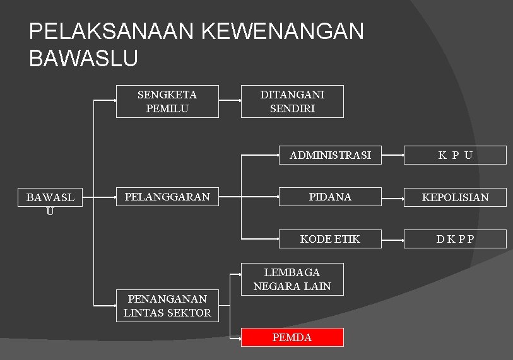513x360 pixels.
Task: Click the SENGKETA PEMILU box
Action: pyautogui.click(x=167, y=102)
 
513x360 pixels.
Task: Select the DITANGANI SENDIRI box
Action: pyautogui.click(x=292, y=102)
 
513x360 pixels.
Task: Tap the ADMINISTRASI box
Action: pyautogui.click(x=331, y=154)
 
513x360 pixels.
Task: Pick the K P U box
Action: pyautogui.click(x=455, y=155)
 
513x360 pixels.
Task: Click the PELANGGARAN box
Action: pyautogui.click(x=167, y=197)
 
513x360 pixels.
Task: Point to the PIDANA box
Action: pyautogui.click(x=331, y=197)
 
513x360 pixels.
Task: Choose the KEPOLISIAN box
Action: pyautogui.click(x=455, y=197)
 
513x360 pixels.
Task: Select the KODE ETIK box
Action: pyautogui.click(x=331, y=238)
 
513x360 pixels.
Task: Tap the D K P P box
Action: pyautogui.click(x=455, y=239)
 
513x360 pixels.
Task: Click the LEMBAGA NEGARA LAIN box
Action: pyautogui.click(x=292, y=279)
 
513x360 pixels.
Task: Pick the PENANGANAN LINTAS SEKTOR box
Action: pyautogui.click(x=167, y=306)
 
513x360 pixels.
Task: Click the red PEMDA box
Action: pyautogui.click(x=292, y=337)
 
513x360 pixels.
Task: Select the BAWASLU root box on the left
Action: pyautogui.click(x=50, y=204)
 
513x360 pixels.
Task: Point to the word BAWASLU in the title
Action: pyautogui.click(x=83, y=58)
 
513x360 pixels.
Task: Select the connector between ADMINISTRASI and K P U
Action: pyautogui.click(x=392, y=154)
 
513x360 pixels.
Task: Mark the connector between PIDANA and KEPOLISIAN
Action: pyautogui.click(x=392, y=197)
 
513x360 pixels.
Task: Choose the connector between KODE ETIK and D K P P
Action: pyautogui.click(x=392, y=239)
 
